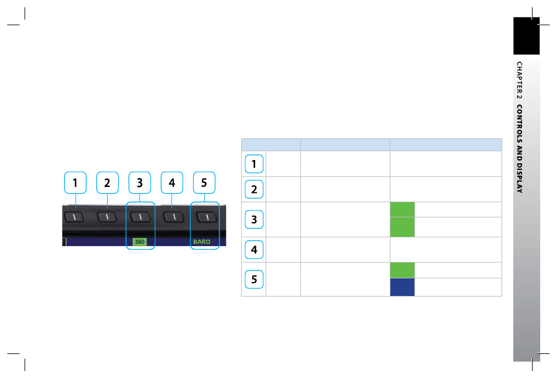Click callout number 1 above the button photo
pos(75,183)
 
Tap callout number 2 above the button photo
pos(107,183)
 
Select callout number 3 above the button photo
pos(139,183)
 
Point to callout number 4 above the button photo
pos(171,183)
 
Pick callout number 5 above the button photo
pos(204,183)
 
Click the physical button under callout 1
pos(75,217)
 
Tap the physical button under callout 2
pos(107,217)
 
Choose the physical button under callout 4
pos(172,217)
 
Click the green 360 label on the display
pos(139,241)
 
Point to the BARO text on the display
pos(202,241)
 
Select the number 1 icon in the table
pos(253,165)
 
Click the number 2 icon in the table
pos(253,189)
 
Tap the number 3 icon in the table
pos(253,219)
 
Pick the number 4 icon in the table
pos(253,249)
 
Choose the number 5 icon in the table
pos(253,279)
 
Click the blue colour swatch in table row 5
pos(402,287)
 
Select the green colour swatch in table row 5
pos(402,270)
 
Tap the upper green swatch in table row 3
pos(402,209)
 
